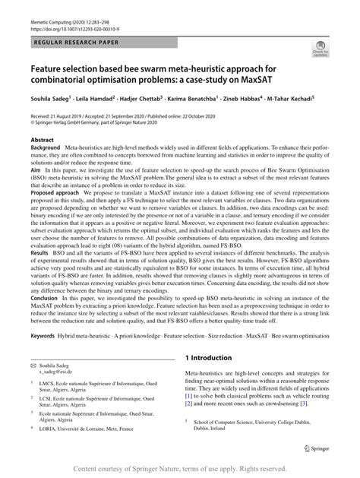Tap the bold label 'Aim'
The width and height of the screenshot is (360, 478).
(x=36, y=173)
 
